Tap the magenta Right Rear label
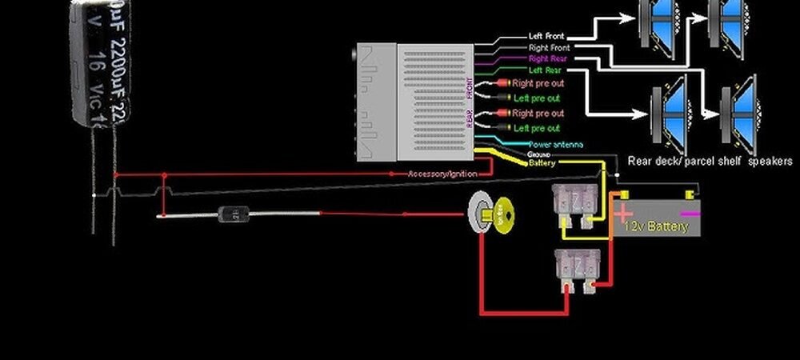(x=550, y=59)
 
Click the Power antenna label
(x=554, y=144)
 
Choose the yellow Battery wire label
(x=542, y=163)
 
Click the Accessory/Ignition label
(x=442, y=174)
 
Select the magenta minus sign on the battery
(x=687, y=214)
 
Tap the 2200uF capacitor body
(x=101, y=60)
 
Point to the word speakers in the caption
(x=770, y=161)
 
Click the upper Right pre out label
(x=538, y=82)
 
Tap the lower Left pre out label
(x=537, y=128)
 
